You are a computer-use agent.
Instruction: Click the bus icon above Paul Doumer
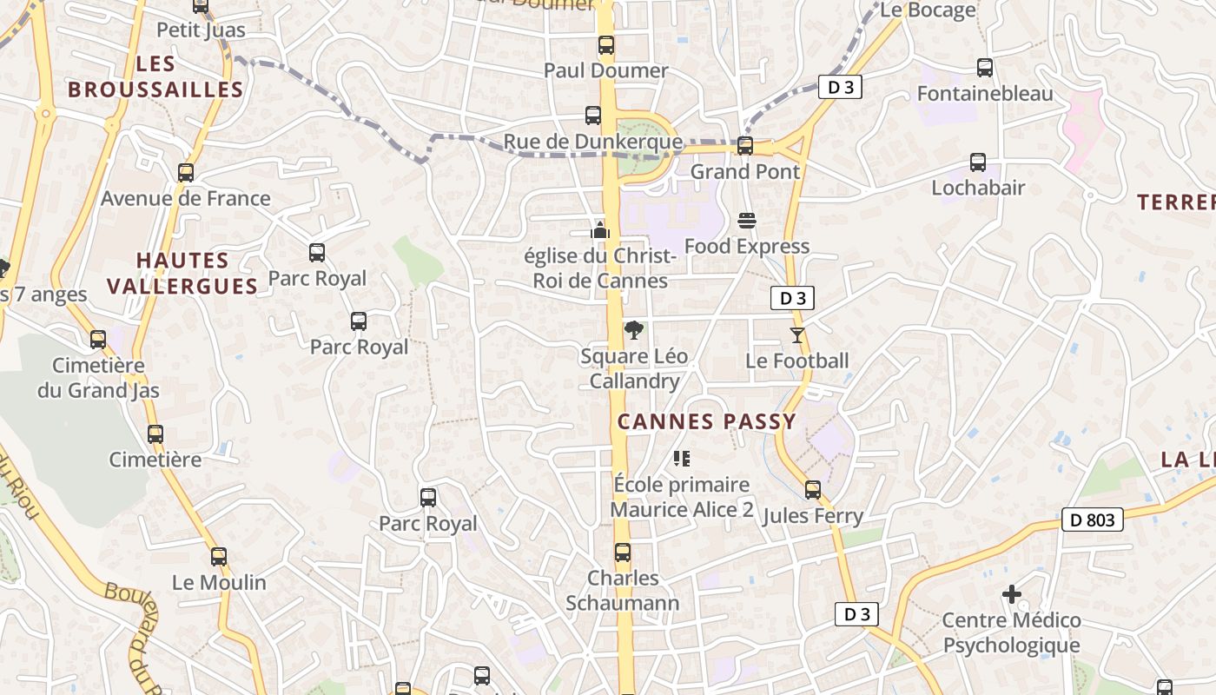point(605,45)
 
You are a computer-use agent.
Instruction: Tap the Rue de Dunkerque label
point(593,141)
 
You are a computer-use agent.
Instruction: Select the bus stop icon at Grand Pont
point(745,146)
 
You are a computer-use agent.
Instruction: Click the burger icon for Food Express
point(747,221)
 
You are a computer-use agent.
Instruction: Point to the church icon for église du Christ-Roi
point(600,230)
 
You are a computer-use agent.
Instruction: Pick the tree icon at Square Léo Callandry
point(635,330)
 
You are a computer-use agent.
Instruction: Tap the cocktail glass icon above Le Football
point(797,334)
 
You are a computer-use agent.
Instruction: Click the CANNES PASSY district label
point(707,422)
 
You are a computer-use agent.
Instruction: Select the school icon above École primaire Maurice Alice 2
point(682,458)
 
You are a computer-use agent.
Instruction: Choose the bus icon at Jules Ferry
point(813,490)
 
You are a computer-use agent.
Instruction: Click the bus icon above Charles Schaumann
point(623,553)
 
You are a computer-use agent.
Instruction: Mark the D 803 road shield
point(1093,520)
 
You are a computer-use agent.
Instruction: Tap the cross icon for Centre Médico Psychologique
point(1012,594)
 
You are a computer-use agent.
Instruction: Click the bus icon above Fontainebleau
point(985,68)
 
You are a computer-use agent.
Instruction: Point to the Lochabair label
point(978,188)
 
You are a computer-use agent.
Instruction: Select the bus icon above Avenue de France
point(186,173)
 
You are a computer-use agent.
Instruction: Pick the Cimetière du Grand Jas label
point(98,378)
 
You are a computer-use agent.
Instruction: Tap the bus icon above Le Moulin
point(219,557)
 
